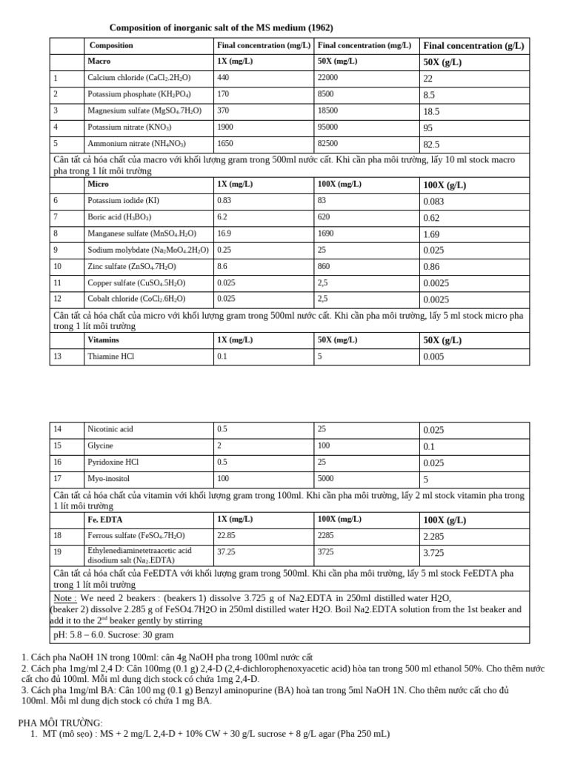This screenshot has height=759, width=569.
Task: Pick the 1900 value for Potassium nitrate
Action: click(x=225, y=127)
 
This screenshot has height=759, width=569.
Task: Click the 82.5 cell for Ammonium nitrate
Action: click(x=431, y=145)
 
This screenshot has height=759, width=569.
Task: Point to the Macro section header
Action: click(x=99, y=62)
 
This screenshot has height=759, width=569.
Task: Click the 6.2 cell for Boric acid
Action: click(x=222, y=217)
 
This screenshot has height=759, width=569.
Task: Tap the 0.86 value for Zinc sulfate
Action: click(x=431, y=267)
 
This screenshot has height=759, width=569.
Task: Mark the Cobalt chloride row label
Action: click(x=136, y=299)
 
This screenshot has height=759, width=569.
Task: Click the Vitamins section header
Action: click(x=103, y=340)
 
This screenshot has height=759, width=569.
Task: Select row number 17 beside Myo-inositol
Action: click(x=59, y=478)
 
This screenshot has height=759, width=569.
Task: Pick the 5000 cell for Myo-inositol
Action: click(x=326, y=478)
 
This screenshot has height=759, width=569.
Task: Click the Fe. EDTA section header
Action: click(x=104, y=520)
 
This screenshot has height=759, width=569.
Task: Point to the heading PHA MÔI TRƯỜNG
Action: click(x=60, y=723)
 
